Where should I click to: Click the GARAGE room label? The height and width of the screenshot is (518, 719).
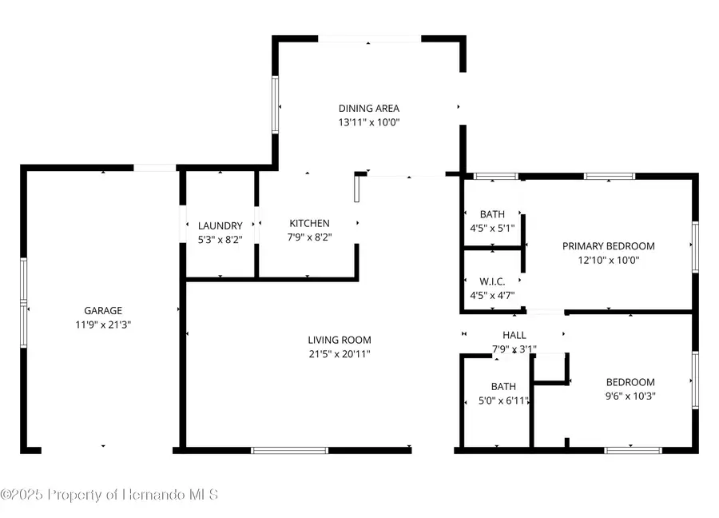[103, 310]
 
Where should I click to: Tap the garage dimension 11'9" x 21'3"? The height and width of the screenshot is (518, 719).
[103, 325]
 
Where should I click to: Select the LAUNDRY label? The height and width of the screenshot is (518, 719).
[220, 226]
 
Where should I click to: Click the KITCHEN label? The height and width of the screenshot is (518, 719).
[309, 223]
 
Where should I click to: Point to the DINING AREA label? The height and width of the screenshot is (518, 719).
[368, 109]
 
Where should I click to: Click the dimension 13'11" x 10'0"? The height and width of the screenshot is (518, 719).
[368, 122]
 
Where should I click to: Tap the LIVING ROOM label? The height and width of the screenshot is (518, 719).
[341, 340]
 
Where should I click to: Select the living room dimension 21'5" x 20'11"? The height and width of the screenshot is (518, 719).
[341, 353]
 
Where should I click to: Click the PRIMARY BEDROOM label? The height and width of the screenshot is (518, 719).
[608, 246]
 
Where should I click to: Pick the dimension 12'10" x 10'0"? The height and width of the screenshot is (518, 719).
[608, 260]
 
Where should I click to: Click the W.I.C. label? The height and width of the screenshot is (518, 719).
[491, 281]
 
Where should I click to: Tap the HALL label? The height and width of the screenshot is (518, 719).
[514, 335]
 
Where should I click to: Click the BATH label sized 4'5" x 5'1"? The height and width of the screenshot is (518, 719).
[492, 214]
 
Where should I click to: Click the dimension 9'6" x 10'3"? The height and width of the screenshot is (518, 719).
[630, 396]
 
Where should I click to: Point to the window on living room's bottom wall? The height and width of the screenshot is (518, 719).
[289, 451]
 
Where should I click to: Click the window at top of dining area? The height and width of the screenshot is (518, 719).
[369, 38]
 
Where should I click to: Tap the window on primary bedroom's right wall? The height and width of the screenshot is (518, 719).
[695, 247]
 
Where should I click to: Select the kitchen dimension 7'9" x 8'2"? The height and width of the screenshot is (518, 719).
[309, 237]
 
